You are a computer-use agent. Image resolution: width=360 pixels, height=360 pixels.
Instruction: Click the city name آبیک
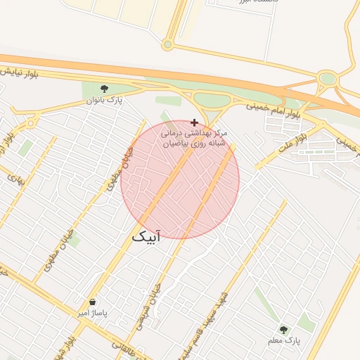point(146,238)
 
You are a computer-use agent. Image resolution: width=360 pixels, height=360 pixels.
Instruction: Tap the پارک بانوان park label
point(105,101)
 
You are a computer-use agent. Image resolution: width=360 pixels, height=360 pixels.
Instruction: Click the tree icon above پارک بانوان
point(105,89)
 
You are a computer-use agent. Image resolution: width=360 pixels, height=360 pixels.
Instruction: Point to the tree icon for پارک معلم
point(283,330)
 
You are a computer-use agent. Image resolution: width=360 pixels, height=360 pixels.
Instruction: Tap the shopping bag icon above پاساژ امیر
point(93,302)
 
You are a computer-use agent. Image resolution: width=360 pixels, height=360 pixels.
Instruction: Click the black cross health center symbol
point(195,122)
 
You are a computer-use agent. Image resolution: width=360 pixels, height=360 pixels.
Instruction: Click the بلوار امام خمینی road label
point(274,109)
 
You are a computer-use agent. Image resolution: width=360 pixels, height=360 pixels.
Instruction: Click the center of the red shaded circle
point(180,180)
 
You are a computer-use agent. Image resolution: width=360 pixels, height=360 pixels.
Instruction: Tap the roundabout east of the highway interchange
point(326,79)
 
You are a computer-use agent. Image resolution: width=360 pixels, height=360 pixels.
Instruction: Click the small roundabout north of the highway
point(167,45)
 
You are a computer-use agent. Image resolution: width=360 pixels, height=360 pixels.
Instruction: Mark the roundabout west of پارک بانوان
point(30,124)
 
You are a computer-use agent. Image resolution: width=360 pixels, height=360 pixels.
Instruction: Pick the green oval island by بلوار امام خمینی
point(212,101)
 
